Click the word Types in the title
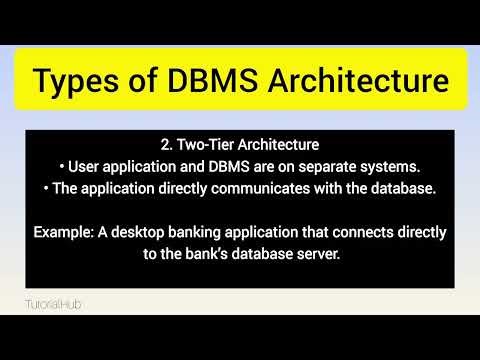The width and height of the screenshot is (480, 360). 80,81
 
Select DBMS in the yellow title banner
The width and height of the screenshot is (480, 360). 218,81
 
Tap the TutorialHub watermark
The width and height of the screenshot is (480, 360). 54,300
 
